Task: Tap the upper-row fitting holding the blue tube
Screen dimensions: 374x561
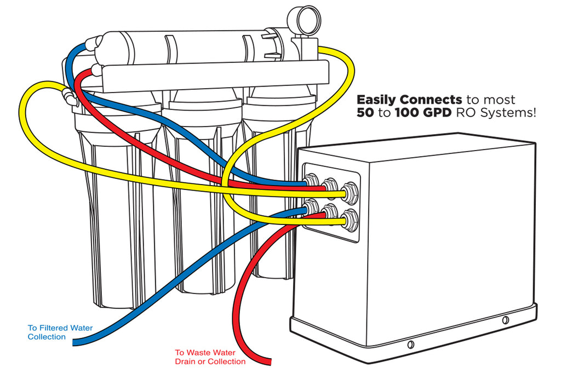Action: pyautogui.click(x=311, y=182)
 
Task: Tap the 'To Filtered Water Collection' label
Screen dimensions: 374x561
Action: pyautogui.click(x=60, y=332)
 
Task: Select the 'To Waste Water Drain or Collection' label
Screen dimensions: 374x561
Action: pyautogui.click(x=210, y=357)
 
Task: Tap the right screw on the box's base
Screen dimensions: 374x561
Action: pyautogui.click(x=505, y=319)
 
